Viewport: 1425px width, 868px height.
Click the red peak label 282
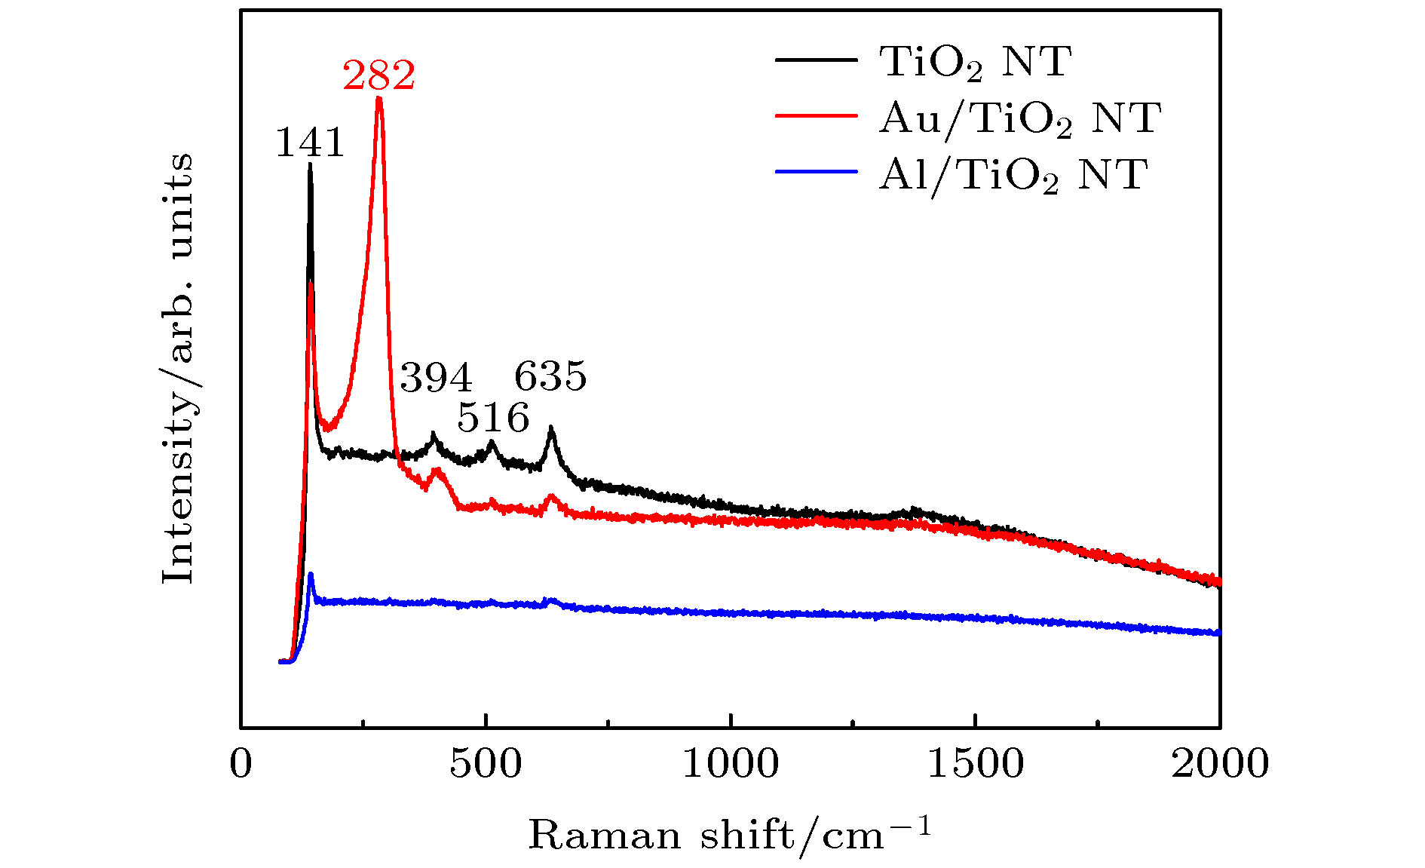point(378,75)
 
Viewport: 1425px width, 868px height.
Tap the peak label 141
point(310,143)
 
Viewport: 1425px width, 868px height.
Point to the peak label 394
point(436,377)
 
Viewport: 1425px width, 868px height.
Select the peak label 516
point(493,418)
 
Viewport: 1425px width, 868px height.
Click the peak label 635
point(550,376)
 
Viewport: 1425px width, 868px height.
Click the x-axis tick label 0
point(241,764)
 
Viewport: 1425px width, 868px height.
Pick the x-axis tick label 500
point(486,764)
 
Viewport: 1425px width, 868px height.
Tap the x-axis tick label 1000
point(731,764)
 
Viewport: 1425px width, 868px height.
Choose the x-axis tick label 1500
point(975,764)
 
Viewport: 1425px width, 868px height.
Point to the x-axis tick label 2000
point(1219,764)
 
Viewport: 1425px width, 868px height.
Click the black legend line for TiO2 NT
point(817,60)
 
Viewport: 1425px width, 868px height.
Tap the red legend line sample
point(817,116)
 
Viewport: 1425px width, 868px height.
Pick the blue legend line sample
point(817,172)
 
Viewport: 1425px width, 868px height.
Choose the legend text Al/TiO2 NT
point(1013,176)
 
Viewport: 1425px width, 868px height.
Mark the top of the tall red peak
point(378,97)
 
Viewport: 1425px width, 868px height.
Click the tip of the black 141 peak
point(310,164)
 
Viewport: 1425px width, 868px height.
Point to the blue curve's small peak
point(310,574)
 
